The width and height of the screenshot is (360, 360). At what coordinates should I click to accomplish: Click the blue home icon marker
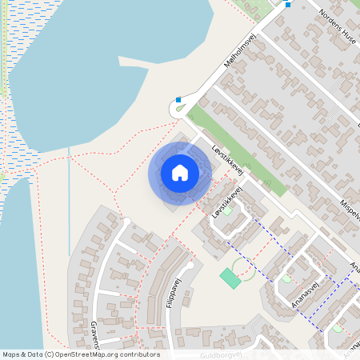[180, 173]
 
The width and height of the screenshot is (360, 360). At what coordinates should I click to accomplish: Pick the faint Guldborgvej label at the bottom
[221, 354]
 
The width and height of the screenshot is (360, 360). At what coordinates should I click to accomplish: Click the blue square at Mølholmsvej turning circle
[178, 101]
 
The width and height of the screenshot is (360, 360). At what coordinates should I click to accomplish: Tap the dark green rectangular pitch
[230, 278]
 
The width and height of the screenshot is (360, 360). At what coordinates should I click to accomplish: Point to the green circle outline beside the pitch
[243, 268]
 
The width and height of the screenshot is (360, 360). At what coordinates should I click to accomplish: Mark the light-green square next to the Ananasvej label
[286, 278]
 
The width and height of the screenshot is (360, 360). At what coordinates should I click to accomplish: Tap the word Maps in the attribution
[11, 354]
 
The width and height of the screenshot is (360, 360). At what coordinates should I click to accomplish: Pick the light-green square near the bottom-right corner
[337, 329]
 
